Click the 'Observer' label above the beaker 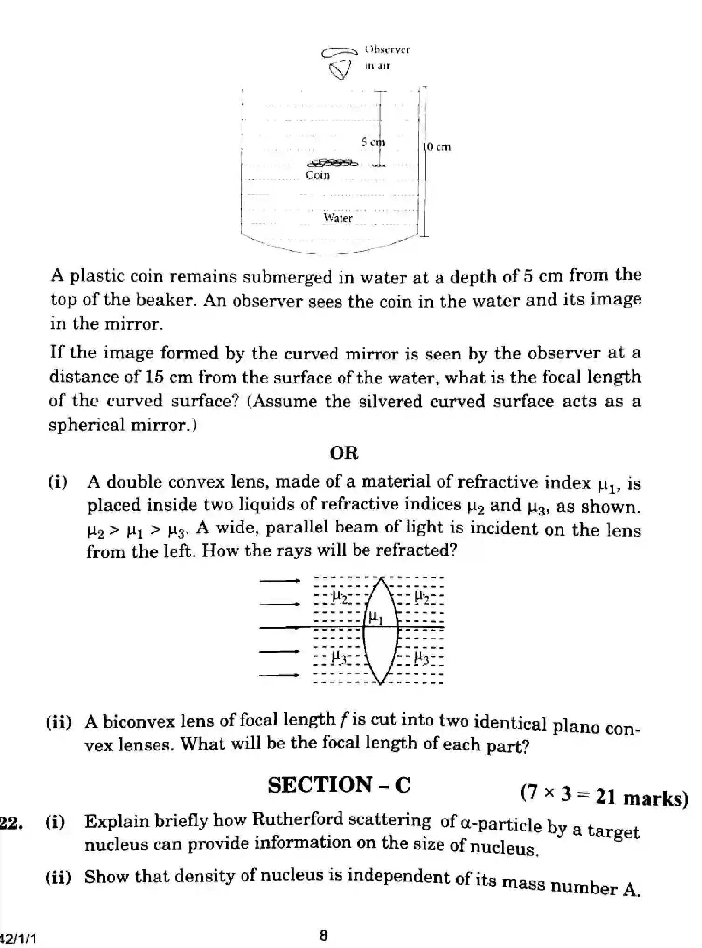coord(387,49)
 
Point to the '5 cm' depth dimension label coord(373,142)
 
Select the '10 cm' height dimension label coord(437,147)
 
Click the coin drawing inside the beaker coord(332,163)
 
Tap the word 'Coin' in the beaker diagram coord(317,175)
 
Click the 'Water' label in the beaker coord(338,218)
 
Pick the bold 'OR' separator coord(344,453)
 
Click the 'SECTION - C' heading coord(339,785)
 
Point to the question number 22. coord(10,824)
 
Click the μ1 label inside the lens coord(375,618)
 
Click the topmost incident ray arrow coord(279,581)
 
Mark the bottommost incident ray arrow coord(279,675)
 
